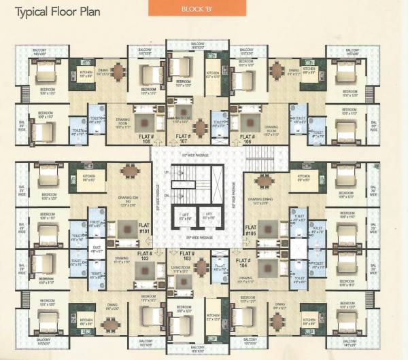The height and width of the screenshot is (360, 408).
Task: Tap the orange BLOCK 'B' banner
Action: tap(203, 9)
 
